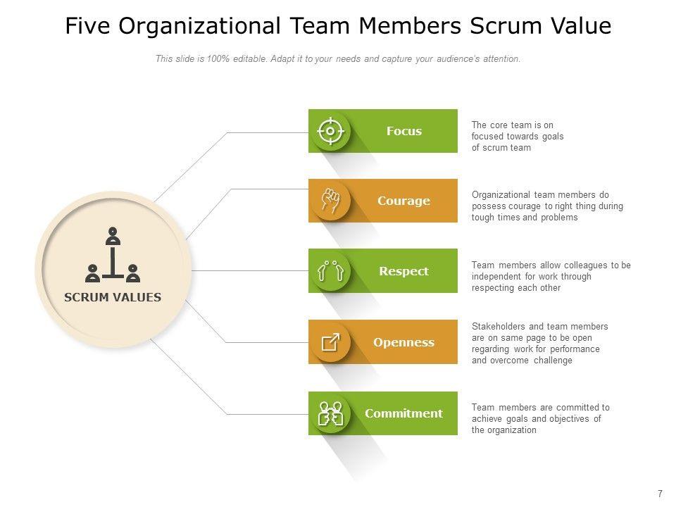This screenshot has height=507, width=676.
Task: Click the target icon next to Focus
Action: [330, 131]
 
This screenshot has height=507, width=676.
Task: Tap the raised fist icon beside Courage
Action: [330, 201]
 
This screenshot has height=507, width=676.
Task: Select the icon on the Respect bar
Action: [330, 271]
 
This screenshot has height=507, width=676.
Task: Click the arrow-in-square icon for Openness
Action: [330, 342]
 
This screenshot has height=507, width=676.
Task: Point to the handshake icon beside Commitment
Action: [330, 413]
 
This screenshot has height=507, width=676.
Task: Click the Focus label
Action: [404, 131]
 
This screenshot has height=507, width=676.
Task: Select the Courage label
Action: [403, 201]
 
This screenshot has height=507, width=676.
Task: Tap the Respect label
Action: [403, 271]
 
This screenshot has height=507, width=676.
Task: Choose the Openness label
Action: [403, 342]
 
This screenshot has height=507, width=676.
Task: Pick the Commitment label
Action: [403, 413]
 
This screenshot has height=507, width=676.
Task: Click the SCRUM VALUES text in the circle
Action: [113, 297]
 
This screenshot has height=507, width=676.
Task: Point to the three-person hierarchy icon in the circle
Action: [113, 255]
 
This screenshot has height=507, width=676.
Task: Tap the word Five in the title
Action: [88, 26]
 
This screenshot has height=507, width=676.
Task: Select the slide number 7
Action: [660, 494]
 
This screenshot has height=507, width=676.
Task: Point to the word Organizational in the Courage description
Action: [501, 195]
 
